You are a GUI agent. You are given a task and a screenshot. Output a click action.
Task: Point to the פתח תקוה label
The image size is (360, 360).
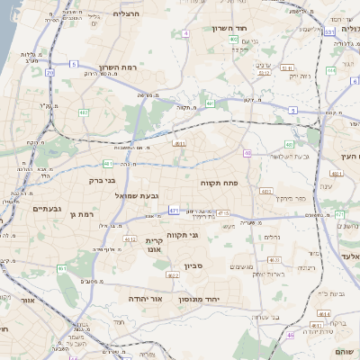tap(220, 183)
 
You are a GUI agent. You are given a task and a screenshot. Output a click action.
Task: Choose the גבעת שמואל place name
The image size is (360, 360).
tap(136, 195)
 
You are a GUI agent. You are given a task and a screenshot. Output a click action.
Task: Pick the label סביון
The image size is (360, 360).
tap(194, 265)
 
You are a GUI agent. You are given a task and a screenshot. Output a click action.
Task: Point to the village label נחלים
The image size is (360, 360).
tap(271, 238)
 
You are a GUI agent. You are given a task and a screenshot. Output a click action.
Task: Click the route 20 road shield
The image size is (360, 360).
tap(49, 73)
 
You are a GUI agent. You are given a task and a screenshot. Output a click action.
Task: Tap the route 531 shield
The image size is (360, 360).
tap(329, 32)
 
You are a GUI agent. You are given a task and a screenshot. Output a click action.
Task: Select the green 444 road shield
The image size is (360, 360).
tap(338, 214)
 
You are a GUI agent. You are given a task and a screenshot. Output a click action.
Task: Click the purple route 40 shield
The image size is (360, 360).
tap(247, 154)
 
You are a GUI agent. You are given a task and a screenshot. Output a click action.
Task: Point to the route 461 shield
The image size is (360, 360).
tap(62, 269)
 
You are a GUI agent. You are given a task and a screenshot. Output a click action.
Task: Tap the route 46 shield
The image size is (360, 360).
tap(290, 335)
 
